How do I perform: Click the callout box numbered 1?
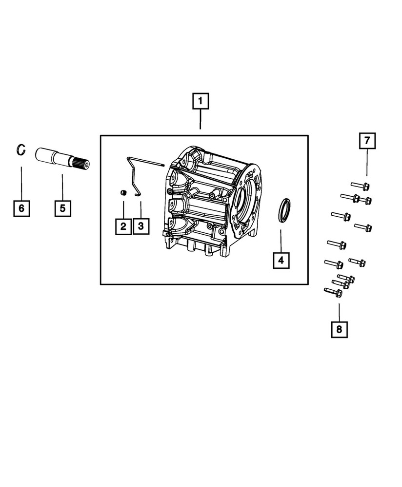[200, 102]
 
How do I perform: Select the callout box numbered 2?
[123, 226]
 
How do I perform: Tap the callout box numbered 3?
[141, 226]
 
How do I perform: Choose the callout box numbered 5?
[62, 208]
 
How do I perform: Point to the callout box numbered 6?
[21, 208]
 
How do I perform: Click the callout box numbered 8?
[339, 330]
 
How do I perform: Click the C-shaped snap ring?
[20, 150]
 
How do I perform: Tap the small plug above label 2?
[123, 193]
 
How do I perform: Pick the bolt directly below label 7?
[360, 186]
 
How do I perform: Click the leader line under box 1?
[200, 120]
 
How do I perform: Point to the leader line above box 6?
[21, 183]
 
